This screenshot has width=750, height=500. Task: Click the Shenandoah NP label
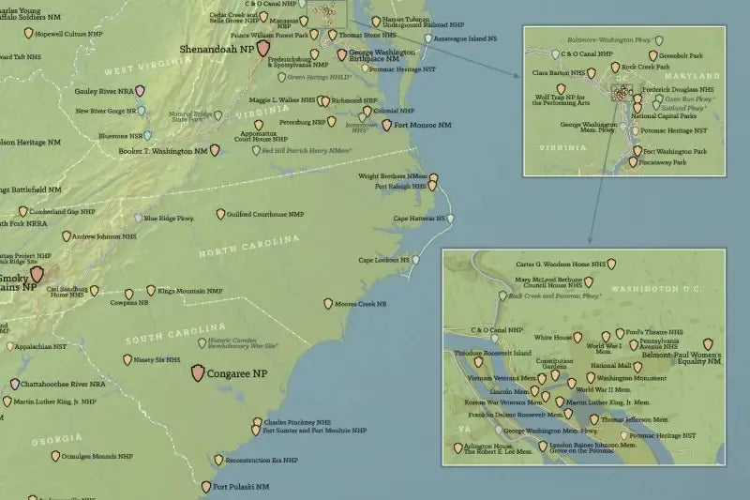pos(217,50)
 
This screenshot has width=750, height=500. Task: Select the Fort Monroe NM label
pos(423,125)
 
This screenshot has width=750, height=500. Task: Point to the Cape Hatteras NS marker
pos(452,219)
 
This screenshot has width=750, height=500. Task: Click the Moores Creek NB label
pos(362,304)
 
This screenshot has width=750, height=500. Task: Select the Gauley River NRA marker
pos(140,91)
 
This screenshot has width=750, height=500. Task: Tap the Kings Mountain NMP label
pos(192,291)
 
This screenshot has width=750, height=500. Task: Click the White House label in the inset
pos(553,336)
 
